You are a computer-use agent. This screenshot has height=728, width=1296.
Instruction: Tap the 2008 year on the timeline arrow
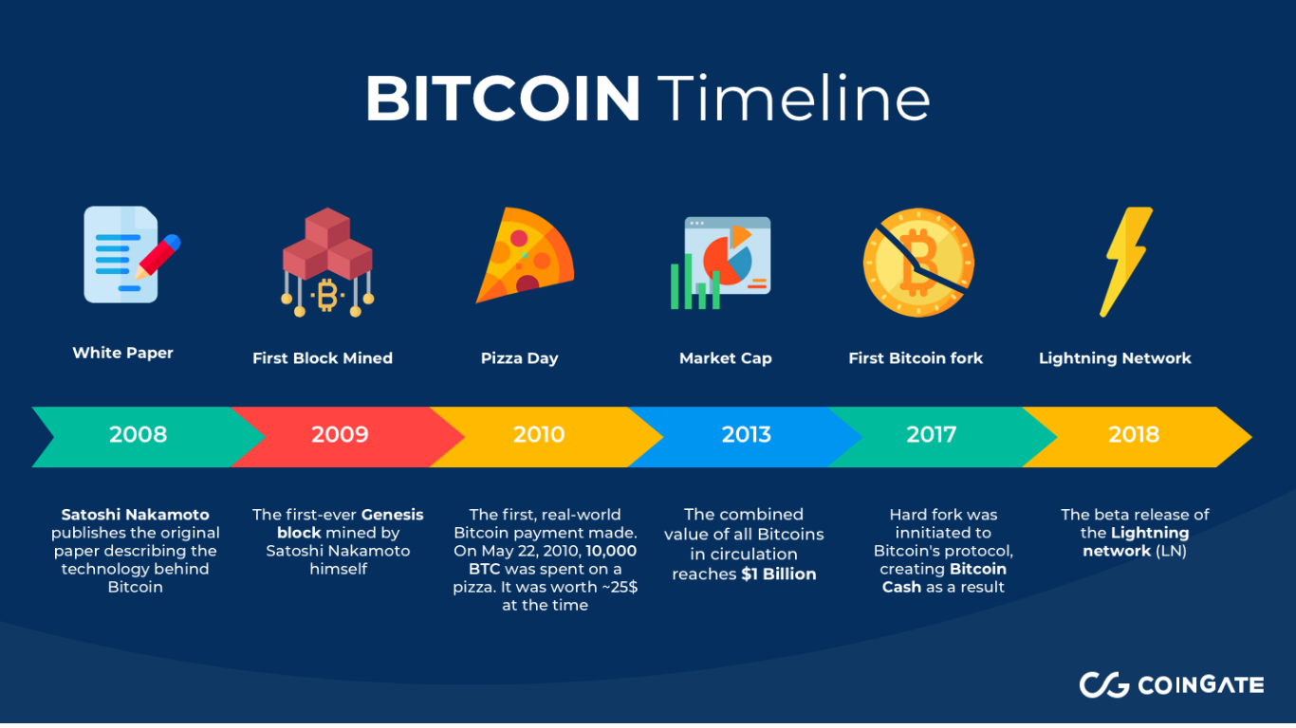(139, 434)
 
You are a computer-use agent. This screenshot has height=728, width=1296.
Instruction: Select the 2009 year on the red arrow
(340, 434)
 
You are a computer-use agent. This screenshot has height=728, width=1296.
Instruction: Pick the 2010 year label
(539, 434)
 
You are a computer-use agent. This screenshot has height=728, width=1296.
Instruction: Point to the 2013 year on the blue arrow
(747, 434)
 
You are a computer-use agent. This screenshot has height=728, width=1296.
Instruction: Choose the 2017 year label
(931, 434)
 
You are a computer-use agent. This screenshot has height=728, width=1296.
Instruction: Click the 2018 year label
(1134, 434)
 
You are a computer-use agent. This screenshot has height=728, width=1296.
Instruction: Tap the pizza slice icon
(524, 254)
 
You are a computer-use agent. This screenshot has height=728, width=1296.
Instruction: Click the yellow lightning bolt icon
(1125, 262)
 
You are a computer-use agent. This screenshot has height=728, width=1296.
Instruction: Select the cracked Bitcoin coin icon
(918, 263)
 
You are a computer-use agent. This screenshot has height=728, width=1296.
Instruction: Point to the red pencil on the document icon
(157, 257)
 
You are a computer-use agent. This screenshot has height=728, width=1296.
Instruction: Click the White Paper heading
(122, 353)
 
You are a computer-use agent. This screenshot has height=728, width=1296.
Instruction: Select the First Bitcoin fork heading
(916, 358)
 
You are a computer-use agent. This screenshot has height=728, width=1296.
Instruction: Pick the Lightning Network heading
(1115, 358)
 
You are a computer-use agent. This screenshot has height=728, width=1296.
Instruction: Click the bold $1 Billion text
(779, 574)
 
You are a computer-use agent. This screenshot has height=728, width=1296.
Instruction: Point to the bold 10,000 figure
(611, 551)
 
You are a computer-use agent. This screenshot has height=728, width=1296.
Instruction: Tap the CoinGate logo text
(1200, 685)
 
